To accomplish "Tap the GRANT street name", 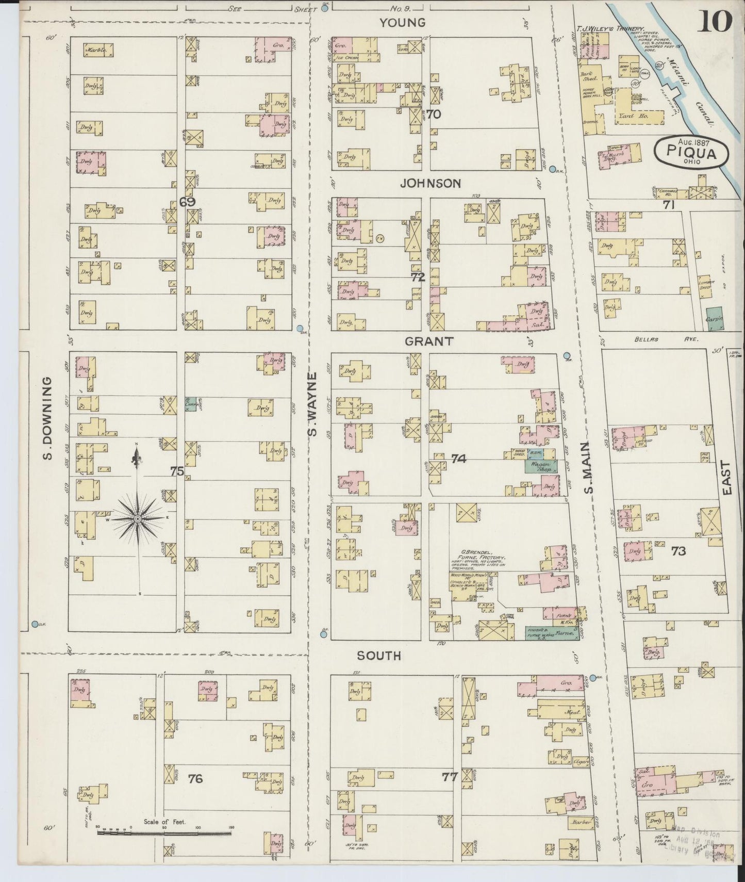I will [429, 341].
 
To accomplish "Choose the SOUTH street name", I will [379, 656].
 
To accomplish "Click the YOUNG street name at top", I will [403, 22].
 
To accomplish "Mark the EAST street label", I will [727, 478].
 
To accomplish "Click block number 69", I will [188, 202].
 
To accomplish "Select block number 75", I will [177, 470].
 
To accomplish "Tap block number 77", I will [450, 776].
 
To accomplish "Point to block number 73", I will [678, 551].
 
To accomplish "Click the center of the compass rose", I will [138, 518].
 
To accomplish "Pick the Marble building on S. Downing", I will [98, 50].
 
